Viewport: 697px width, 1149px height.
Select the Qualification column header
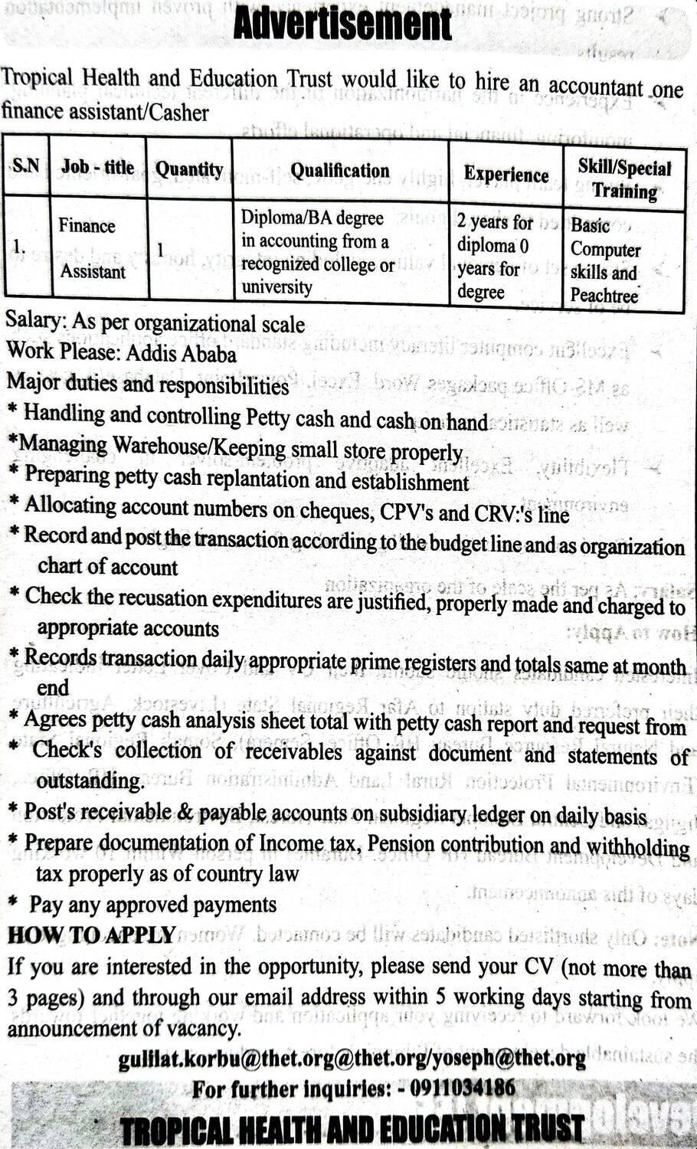point(339,170)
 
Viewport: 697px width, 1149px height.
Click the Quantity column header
point(189,169)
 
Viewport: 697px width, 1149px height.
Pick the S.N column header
point(26,165)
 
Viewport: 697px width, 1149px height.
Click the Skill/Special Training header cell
point(624,179)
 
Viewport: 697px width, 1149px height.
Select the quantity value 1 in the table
point(160,250)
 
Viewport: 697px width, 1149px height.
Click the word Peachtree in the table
point(604,296)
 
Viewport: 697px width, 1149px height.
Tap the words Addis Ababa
point(181,353)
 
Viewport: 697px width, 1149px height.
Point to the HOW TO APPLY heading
point(91,935)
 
